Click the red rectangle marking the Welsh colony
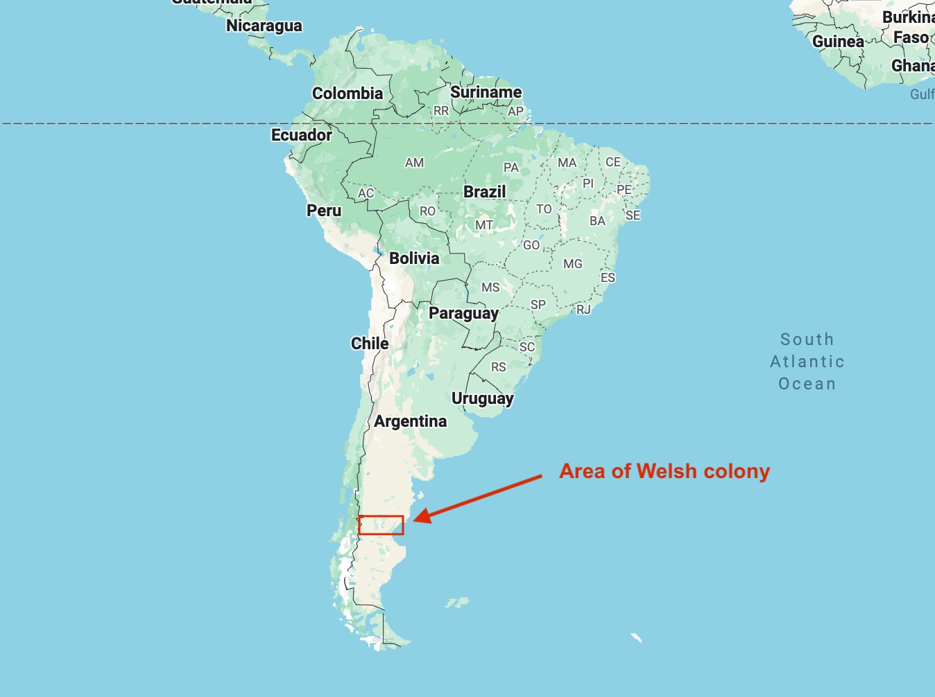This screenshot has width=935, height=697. pyautogui.click(x=381, y=525)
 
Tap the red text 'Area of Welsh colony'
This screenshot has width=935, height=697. pyautogui.click(x=664, y=471)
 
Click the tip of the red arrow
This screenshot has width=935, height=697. pyautogui.click(x=415, y=520)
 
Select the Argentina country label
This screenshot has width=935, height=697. pyautogui.click(x=411, y=421)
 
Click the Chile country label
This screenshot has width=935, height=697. pyautogui.click(x=370, y=344)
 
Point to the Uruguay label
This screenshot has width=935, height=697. pyautogui.click(x=483, y=398)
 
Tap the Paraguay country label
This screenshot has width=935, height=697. pyautogui.click(x=463, y=313)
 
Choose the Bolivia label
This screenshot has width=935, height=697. pyautogui.click(x=414, y=258)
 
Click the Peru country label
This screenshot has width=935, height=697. pyautogui.click(x=324, y=211)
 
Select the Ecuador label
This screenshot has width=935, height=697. pyautogui.click(x=301, y=135)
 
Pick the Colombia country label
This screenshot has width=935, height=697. pyautogui.click(x=348, y=94)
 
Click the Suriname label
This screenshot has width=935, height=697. pyautogui.click(x=486, y=92)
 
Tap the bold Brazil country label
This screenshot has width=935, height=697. pyautogui.click(x=485, y=192)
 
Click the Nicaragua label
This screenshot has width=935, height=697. pyautogui.click(x=264, y=26)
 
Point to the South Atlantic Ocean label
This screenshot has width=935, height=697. pyautogui.click(x=807, y=362)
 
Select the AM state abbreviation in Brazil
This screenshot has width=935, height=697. pyautogui.click(x=414, y=163)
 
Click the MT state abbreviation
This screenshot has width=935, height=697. pyautogui.click(x=484, y=225)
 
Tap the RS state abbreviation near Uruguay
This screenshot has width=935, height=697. pyautogui.click(x=499, y=367)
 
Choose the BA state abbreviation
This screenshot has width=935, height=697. pyautogui.click(x=597, y=221)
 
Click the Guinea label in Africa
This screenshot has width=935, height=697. pyautogui.click(x=838, y=42)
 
